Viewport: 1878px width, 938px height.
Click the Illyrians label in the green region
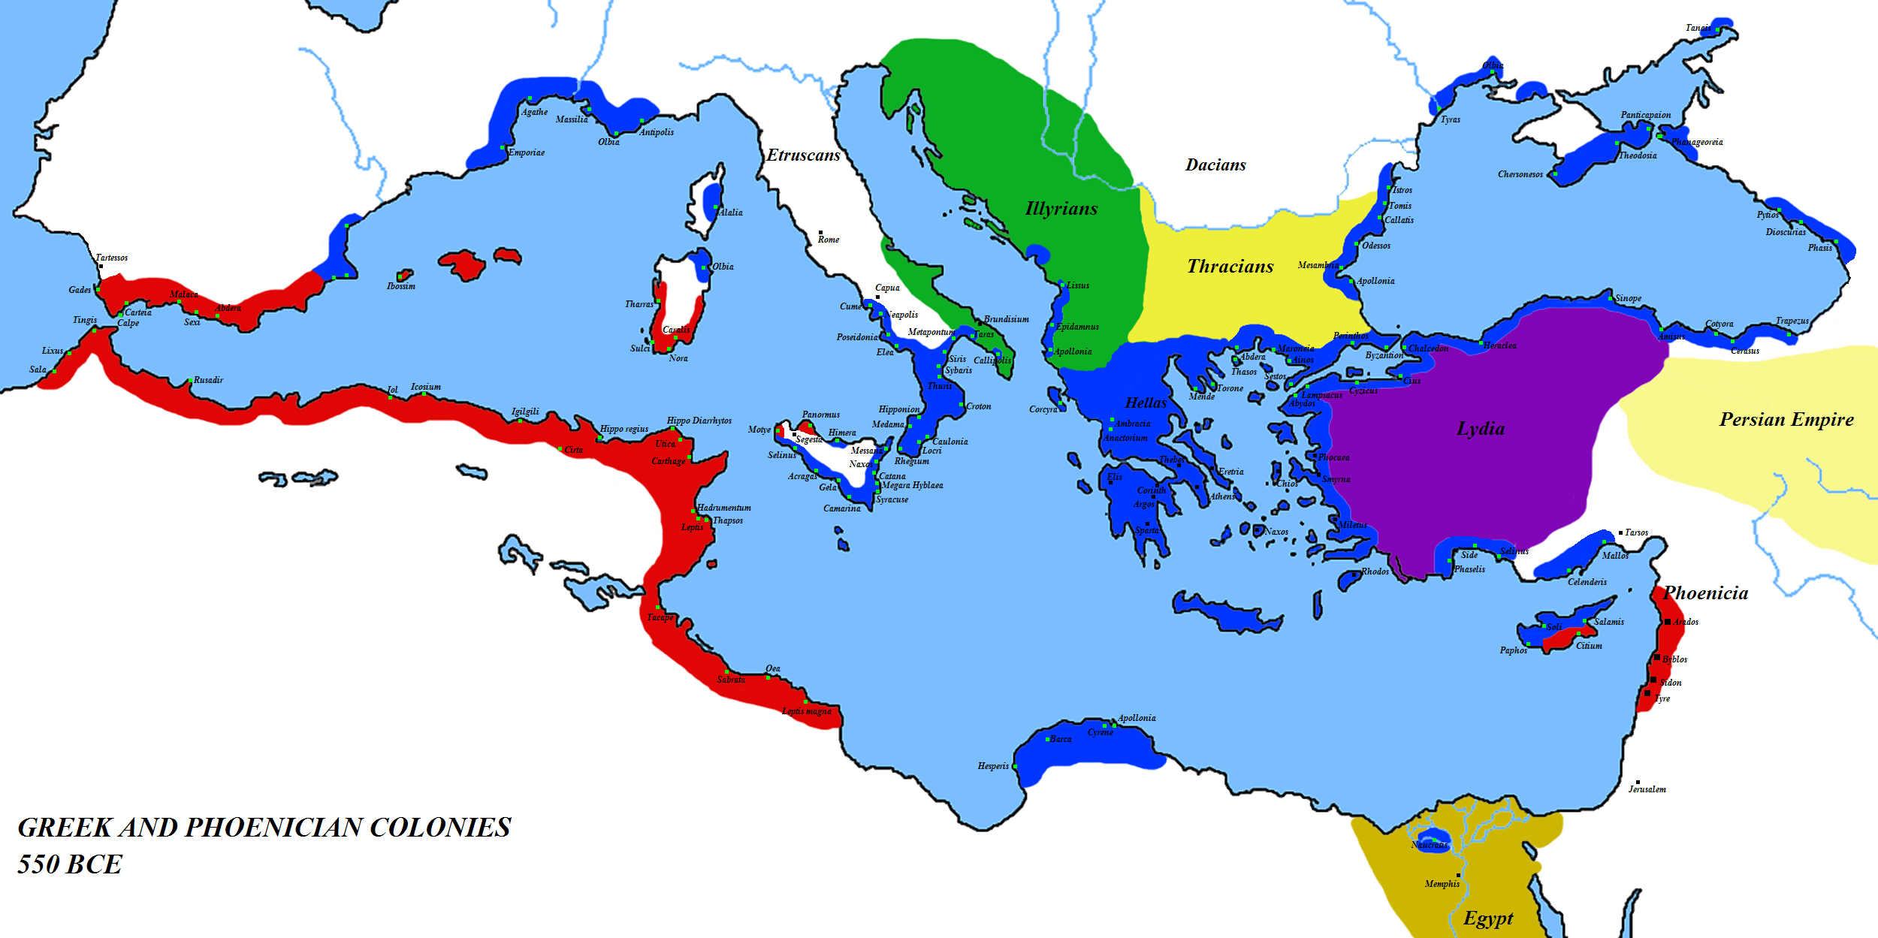pos(1061,209)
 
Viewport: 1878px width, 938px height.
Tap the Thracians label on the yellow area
pos(1230,267)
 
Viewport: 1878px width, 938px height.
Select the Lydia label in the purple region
pos(1481,429)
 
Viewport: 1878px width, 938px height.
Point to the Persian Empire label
pos(1786,420)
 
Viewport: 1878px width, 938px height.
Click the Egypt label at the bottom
pos(1488,918)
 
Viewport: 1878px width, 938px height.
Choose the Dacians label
pos(1215,165)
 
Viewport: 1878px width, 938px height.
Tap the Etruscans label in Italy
pos(803,155)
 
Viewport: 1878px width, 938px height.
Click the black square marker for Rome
pos(820,233)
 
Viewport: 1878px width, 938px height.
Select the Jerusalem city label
pos(1647,789)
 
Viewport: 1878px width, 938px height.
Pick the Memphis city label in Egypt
pos(1442,884)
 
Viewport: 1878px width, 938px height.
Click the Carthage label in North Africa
pos(668,461)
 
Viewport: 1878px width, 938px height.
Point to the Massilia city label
pos(572,119)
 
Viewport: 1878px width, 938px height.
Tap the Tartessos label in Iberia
pos(111,258)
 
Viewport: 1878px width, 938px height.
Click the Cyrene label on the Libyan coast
pos(1101,732)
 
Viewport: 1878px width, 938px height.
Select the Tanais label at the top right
pos(1698,28)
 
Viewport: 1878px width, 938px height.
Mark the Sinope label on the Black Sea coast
pos(1628,298)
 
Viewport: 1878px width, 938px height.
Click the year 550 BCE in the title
pos(69,864)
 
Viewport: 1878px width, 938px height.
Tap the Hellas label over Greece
pos(1146,403)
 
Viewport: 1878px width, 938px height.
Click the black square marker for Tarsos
pos(1620,532)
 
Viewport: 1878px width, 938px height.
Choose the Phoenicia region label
pos(1705,593)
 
